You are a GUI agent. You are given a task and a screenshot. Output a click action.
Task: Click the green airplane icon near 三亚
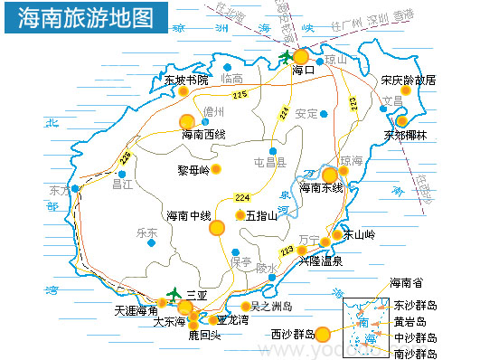point(174,293)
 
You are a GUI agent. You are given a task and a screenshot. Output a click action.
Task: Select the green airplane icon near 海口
point(287,58)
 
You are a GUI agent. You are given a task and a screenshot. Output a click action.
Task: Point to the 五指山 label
point(261,215)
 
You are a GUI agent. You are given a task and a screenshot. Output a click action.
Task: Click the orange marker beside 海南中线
point(217,228)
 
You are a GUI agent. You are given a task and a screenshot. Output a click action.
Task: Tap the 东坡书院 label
point(186,81)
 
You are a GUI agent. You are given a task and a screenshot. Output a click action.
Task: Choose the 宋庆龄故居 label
point(408,80)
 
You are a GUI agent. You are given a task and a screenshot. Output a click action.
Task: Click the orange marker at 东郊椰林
point(402,119)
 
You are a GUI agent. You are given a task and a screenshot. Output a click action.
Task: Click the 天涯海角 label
point(136,309)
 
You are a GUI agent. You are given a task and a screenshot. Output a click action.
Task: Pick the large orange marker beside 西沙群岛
point(323,334)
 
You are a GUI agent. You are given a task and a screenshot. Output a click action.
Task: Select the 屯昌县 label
point(269,164)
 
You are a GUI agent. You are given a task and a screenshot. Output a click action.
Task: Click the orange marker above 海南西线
point(187,120)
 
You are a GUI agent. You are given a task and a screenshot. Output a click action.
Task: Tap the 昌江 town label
point(122,184)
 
